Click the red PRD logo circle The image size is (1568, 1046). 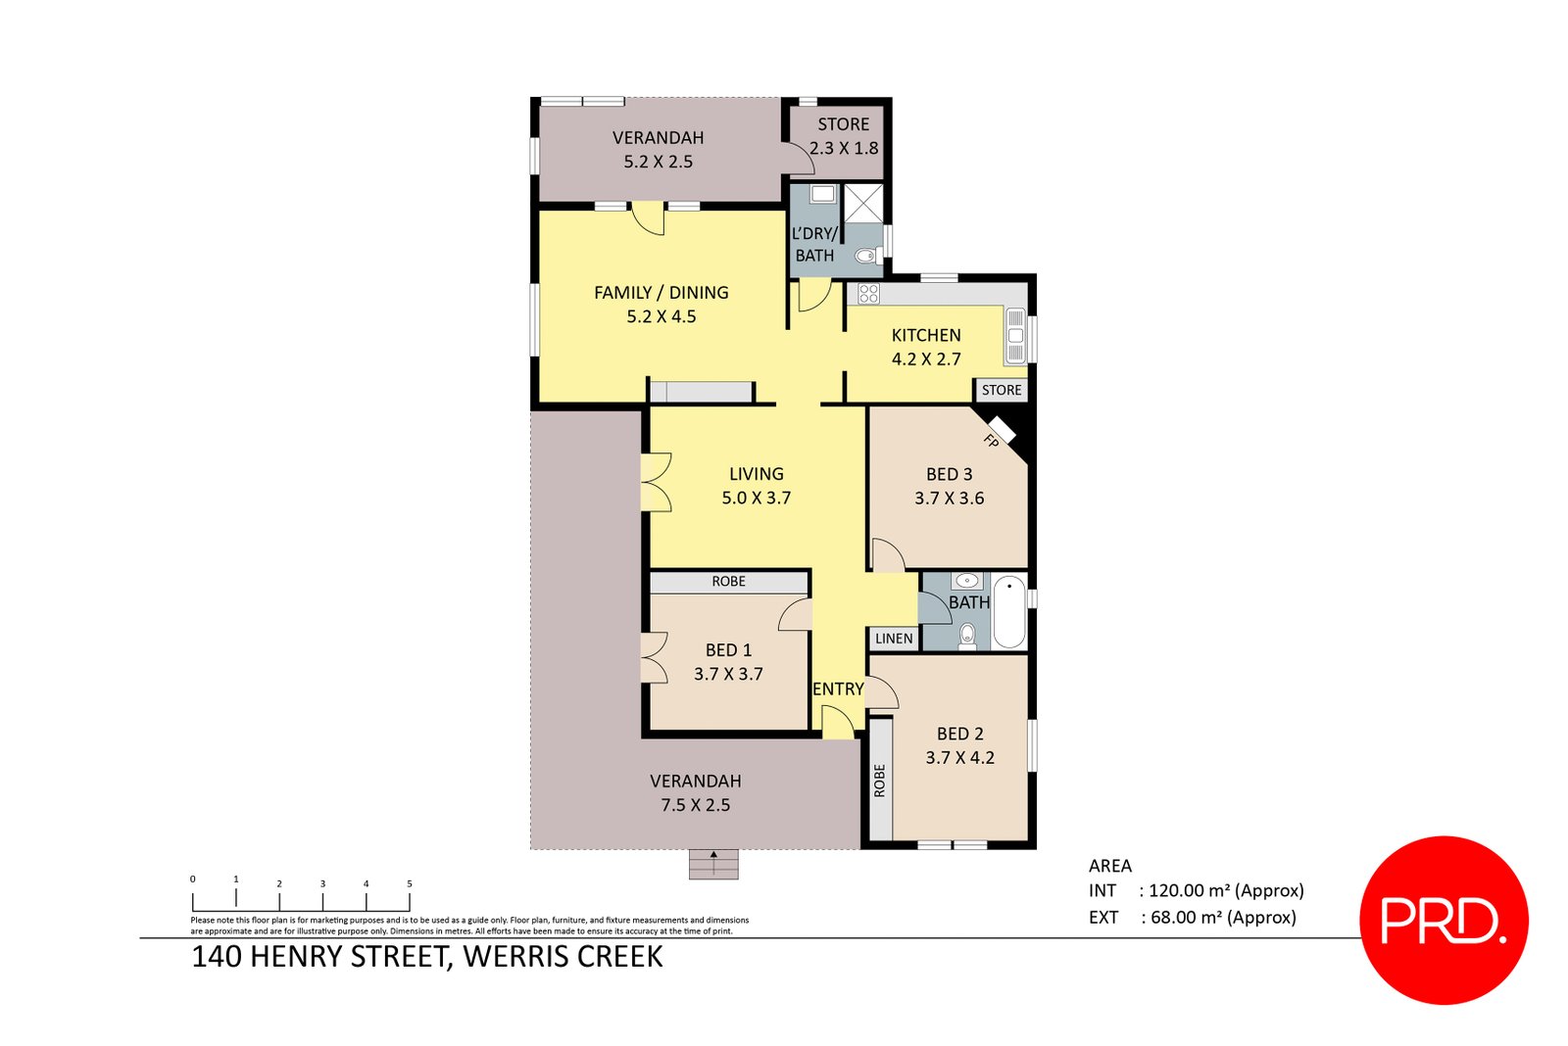(x=1444, y=920)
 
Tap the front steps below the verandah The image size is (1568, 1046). (x=712, y=864)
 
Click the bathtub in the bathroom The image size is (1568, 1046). (x=1009, y=613)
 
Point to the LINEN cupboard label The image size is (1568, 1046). (x=894, y=639)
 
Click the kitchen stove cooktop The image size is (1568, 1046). (x=868, y=293)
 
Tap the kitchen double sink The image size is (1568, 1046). (x=1015, y=336)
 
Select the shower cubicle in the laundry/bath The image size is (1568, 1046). (x=863, y=203)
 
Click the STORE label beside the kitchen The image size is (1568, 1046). (x=1002, y=390)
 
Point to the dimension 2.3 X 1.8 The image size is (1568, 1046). (x=844, y=148)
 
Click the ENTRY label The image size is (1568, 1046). (x=838, y=689)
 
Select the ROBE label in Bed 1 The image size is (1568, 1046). (x=728, y=582)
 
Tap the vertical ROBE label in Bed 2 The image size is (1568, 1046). (x=879, y=781)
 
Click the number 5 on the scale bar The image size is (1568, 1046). (x=409, y=883)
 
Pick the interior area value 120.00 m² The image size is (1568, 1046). (x=1190, y=890)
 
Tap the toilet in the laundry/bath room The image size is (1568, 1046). (x=864, y=257)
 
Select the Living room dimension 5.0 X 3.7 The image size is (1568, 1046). (x=756, y=498)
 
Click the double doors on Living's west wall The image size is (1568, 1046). (x=657, y=482)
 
